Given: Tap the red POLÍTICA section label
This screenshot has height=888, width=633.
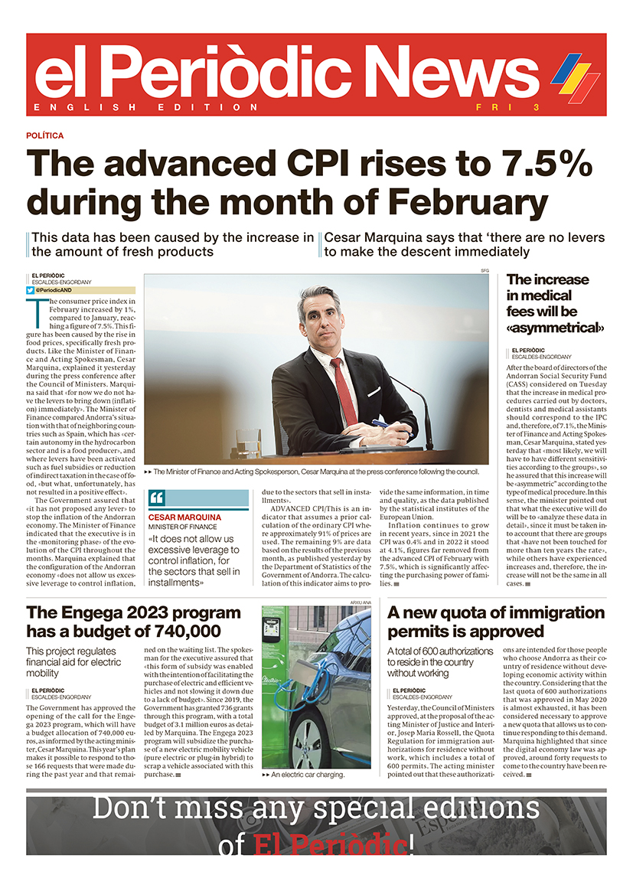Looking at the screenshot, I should coord(45,135).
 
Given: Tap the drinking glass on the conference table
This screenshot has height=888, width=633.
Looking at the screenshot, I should coord(246,442).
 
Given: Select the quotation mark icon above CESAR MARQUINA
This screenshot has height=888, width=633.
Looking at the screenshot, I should coord(157,498).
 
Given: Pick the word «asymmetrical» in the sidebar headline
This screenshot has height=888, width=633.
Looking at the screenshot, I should coord(556,328).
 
